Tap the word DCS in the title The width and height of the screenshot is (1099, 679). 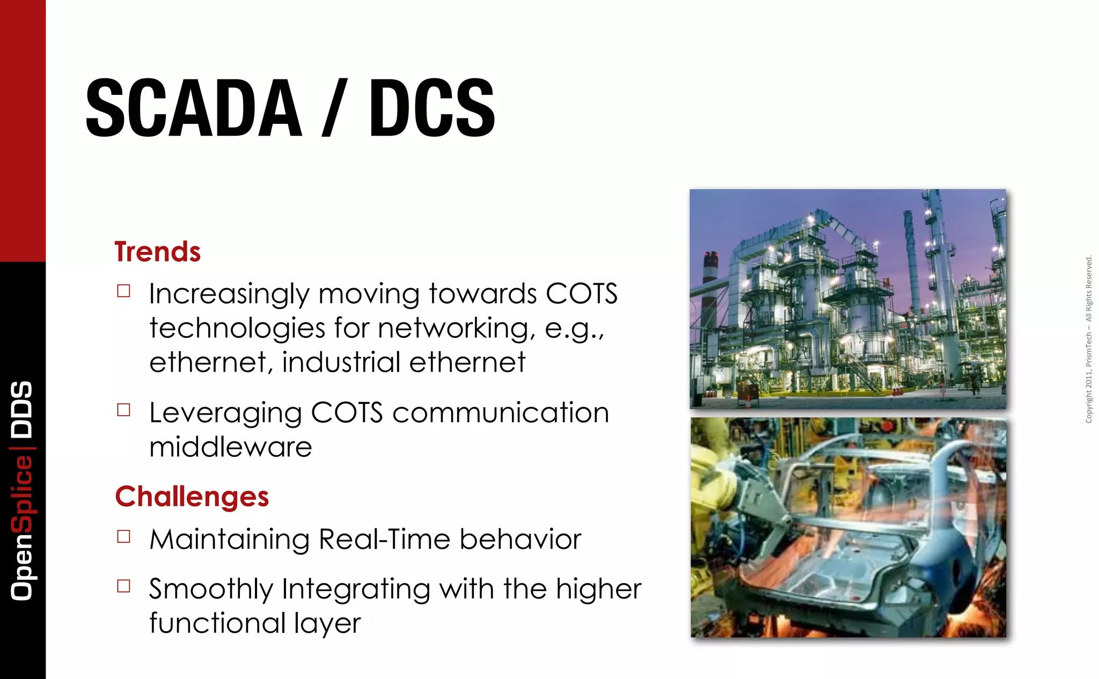[431, 107]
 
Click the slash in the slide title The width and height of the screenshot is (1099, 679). [334, 107]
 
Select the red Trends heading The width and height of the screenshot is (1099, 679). [157, 252]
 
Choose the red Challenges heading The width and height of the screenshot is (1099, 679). [192, 496]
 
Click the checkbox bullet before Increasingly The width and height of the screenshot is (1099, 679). [124, 291]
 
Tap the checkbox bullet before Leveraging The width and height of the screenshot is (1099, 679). [124, 410]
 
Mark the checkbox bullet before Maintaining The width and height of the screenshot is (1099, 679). [124, 537]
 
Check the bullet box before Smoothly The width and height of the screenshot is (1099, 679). [124, 586]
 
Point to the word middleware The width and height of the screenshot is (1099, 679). [230, 447]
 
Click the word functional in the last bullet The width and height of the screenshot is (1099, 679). [217, 623]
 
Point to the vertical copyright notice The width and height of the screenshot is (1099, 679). [1088, 339]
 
